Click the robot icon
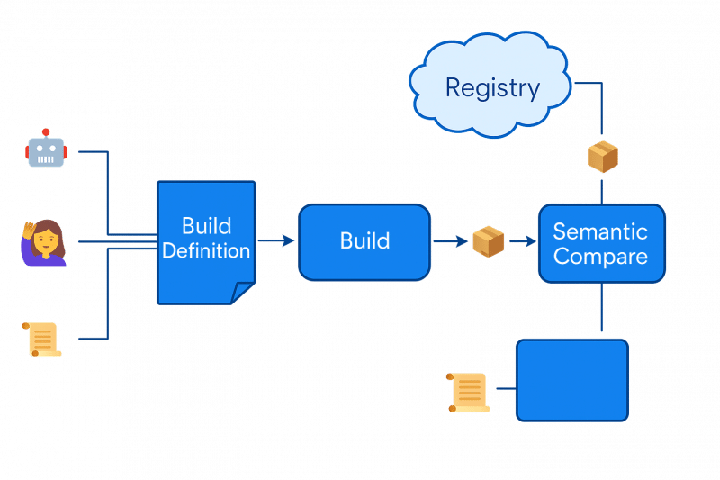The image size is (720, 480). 46,150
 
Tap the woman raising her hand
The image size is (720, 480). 43,242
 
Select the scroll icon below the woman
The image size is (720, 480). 42,340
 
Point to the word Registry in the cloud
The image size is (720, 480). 492,88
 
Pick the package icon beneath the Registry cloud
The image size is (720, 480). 602,157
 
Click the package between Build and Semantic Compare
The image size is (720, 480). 488,241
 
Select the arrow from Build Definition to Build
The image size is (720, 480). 276,241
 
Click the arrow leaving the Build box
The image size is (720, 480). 450,241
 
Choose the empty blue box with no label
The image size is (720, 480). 571,379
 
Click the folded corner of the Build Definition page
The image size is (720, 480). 242,293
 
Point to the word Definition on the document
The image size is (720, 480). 206,251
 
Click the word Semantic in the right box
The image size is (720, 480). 600,231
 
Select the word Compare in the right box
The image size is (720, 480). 600,257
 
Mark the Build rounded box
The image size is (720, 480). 364,241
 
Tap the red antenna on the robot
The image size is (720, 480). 46,132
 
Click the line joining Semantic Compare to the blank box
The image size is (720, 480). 600,311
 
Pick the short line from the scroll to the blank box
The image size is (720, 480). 503,389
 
